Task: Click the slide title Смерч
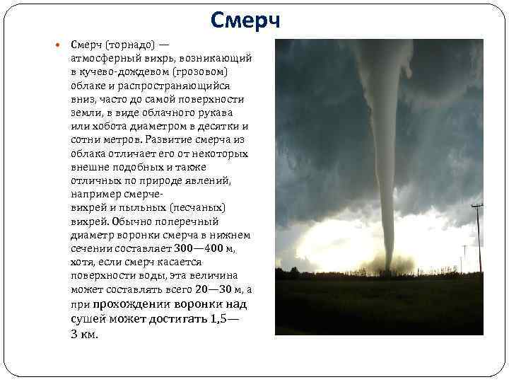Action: pyautogui.click(x=245, y=20)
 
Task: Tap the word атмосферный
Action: pyautogui.click(x=102, y=59)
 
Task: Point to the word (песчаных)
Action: pyautogui.click(x=197, y=207)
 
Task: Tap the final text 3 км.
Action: pyautogui.click(x=84, y=334)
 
